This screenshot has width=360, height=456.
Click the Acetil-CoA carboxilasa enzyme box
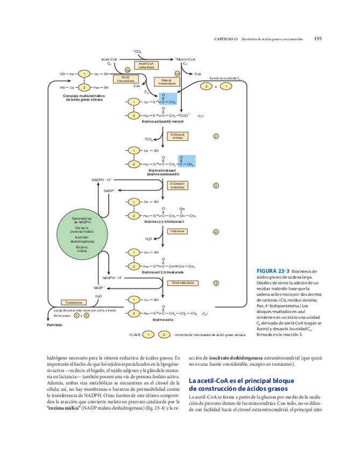(x=146, y=66)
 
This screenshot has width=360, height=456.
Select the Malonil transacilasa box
(x=167, y=82)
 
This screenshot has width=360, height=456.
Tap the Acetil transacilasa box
(x=125, y=79)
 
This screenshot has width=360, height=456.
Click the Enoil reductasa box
(x=182, y=282)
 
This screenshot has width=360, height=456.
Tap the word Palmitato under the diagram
(x=54, y=325)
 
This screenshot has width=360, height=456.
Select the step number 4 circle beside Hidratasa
(x=216, y=232)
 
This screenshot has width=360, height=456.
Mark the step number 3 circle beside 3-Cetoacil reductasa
(x=216, y=186)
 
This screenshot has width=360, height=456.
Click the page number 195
(x=318, y=38)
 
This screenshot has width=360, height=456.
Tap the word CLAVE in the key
(x=135, y=334)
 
